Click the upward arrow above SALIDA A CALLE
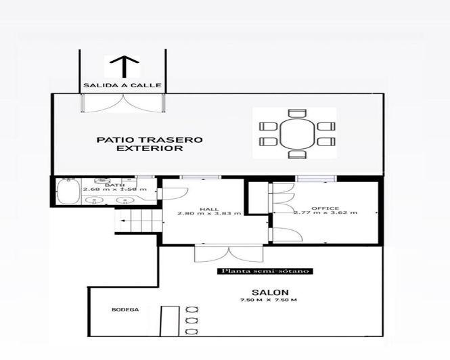[x=123, y=68]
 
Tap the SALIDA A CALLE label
[x=122, y=85]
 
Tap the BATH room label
[x=114, y=185]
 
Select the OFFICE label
[x=325, y=208]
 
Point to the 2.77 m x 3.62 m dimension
[x=325, y=213]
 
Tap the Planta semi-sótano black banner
[x=265, y=271]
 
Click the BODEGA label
[x=125, y=310]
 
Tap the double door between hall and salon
[x=221, y=253]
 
